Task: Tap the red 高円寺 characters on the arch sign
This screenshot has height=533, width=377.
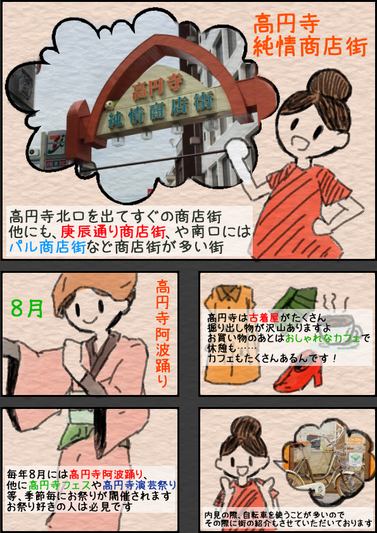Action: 158,86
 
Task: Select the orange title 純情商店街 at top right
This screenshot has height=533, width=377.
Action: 310,47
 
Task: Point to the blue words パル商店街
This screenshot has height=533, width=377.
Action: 47,247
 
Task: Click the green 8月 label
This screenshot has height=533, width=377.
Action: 27,308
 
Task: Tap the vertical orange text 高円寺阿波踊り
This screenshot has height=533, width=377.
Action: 163,334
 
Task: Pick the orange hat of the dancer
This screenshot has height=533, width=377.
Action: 94,289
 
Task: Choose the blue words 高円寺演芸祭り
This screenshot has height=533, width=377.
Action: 139,484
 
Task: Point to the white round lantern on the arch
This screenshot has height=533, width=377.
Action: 109,105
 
